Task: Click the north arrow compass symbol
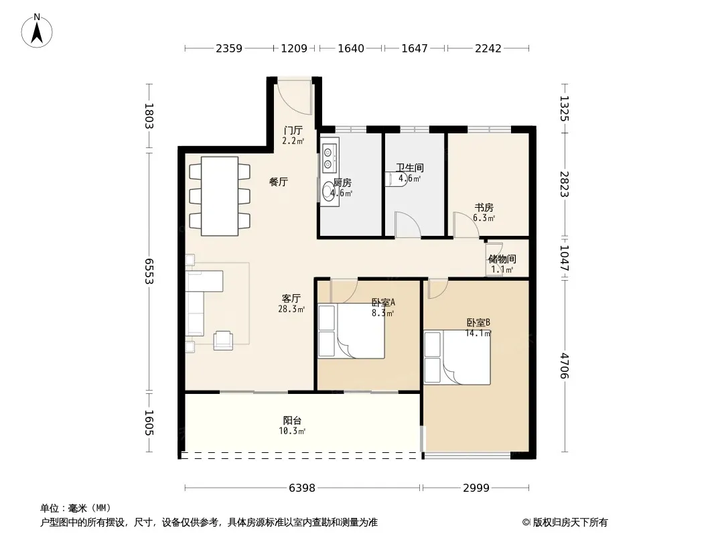(x=37, y=31)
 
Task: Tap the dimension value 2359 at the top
(x=229, y=48)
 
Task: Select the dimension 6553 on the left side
(x=149, y=271)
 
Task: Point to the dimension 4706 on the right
(x=564, y=366)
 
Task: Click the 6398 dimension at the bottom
(x=302, y=488)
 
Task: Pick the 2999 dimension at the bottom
(x=476, y=488)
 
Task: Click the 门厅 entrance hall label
(x=293, y=131)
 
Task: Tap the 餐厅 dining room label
(x=279, y=182)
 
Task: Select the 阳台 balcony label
(x=292, y=421)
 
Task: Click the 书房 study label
(x=484, y=208)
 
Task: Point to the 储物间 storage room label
(x=502, y=259)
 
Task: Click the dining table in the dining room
(x=220, y=196)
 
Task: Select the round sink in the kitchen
(x=328, y=192)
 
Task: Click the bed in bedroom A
(x=351, y=331)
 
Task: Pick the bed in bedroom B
(x=457, y=358)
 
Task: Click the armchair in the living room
(x=223, y=340)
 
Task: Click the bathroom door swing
(x=407, y=224)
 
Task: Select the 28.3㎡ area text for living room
(x=291, y=310)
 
